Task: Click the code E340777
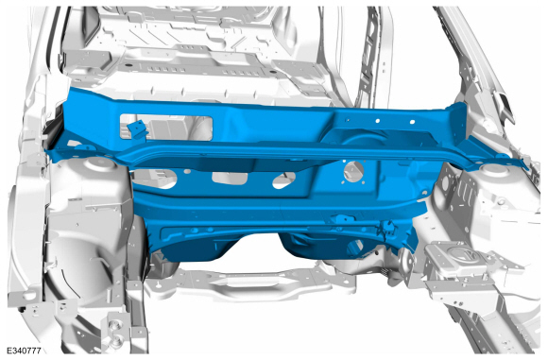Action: [x=25, y=351]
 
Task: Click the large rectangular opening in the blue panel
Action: [x=166, y=127]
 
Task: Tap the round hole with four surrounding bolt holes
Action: [x=353, y=172]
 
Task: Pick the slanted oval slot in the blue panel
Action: [x=283, y=180]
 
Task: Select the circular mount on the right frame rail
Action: [x=461, y=253]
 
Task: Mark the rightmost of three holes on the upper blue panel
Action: [x=412, y=122]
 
